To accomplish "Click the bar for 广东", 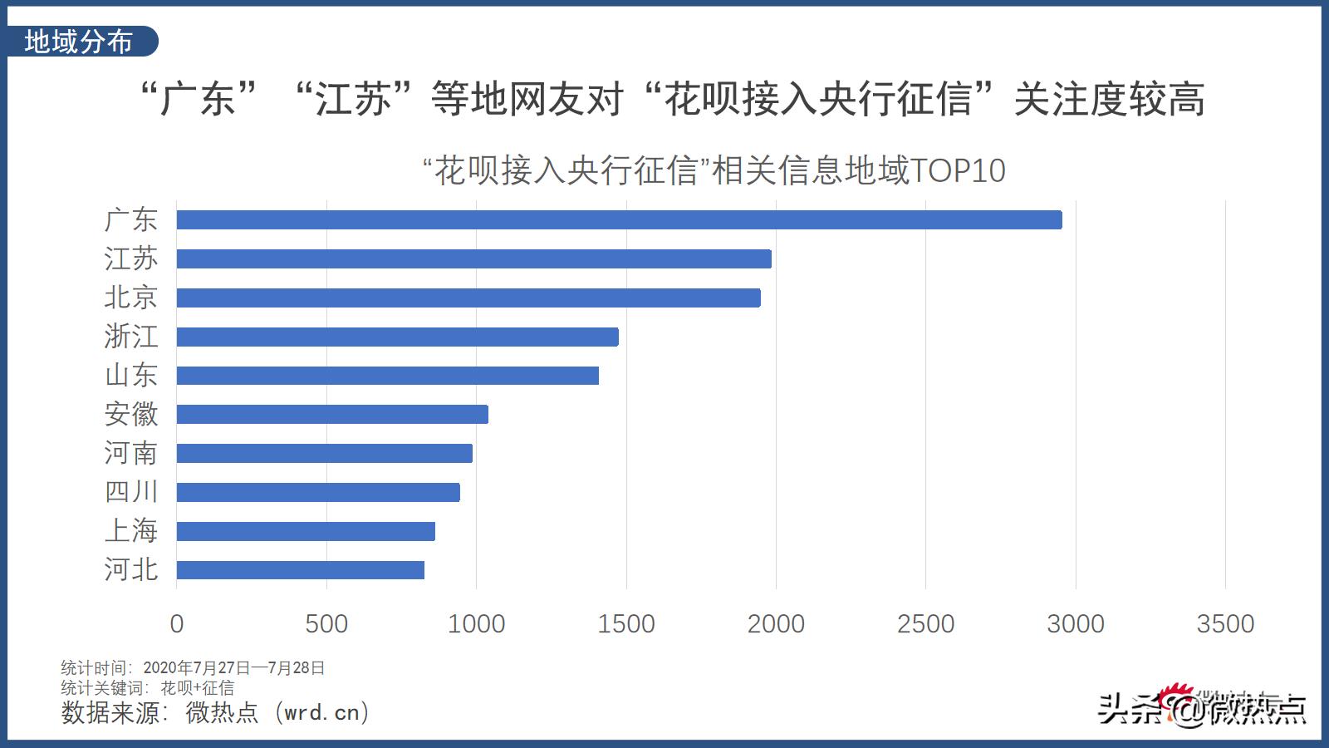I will pyautogui.click(x=619, y=220).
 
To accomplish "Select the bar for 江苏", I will pyautogui.click(x=473, y=258).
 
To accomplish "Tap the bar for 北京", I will pyautogui.click(x=468, y=298).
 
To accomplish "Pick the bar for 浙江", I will pyautogui.click(x=397, y=337).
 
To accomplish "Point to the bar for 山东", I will pyautogui.click(x=387, y=376).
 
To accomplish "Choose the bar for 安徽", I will pyautogui.click(x=332, y=414).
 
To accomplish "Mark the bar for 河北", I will pyautogui.click(x=300, y=570).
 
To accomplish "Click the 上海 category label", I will pyautogui.click(x=131, y=530).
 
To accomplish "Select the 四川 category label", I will pyautogui.click(x=131, y=492).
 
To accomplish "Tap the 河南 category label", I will pyautogui.click(x=131, y=453).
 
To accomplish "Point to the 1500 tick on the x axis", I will pyautogui.click(x=626, y=624).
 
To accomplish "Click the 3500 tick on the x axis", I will pyautogui.click(x=1225, y=624).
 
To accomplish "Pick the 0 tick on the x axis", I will pyautogui.click(x=176, y=624).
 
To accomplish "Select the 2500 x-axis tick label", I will pyautogui.click(x=925, y=624).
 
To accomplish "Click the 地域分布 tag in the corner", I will pyautogui.click(x=79, y=42).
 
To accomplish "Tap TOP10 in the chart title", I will pyautogui.click(x=959, y=171).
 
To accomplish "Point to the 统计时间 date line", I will pyautogui.click(x=193, y=667).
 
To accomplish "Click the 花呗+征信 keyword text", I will pyautogui.click(x=198, y=688).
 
